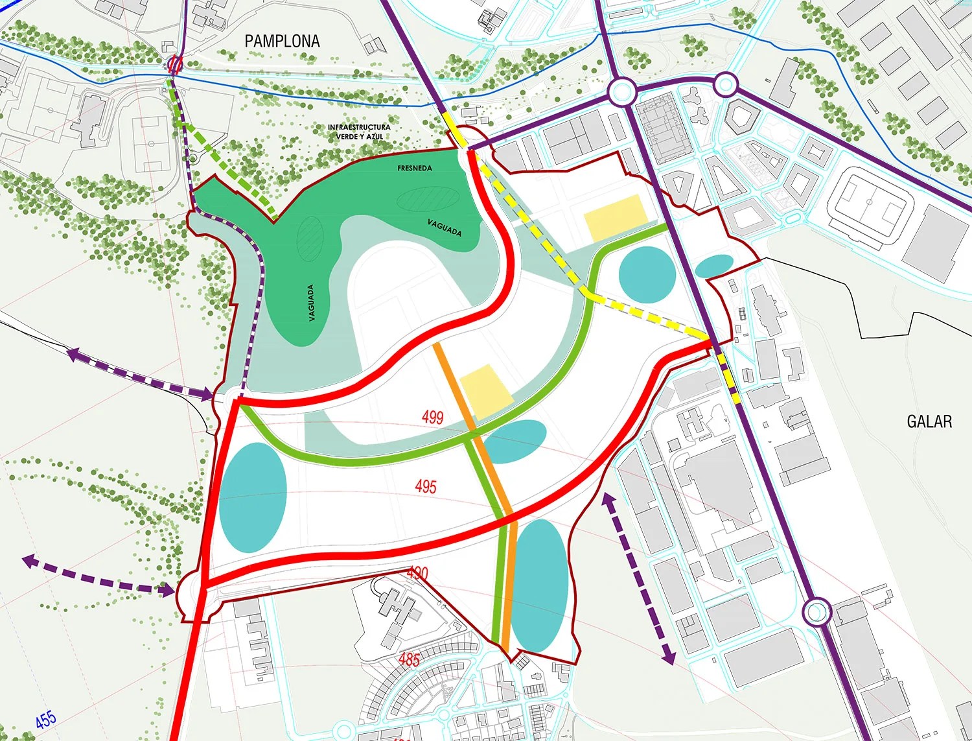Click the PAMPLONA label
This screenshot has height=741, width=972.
click(282, 41)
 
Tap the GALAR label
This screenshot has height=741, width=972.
click(929, 421)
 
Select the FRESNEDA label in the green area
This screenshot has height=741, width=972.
click(415, 168)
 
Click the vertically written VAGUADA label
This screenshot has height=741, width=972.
click(312, 303)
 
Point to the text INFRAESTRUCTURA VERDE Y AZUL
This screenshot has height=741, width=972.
click(359, 132)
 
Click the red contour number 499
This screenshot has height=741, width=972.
click(432, 416)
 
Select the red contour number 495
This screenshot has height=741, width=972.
click(426, 486)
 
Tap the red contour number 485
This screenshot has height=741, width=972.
click(409, 659)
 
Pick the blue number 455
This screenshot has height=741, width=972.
click(45, 719)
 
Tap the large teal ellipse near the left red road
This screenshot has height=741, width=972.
click(253, 497)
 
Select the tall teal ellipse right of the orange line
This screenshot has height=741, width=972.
click(539, 585)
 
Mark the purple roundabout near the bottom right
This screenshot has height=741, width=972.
click(816, 611)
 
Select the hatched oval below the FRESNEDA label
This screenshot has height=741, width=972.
click(425, 198)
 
